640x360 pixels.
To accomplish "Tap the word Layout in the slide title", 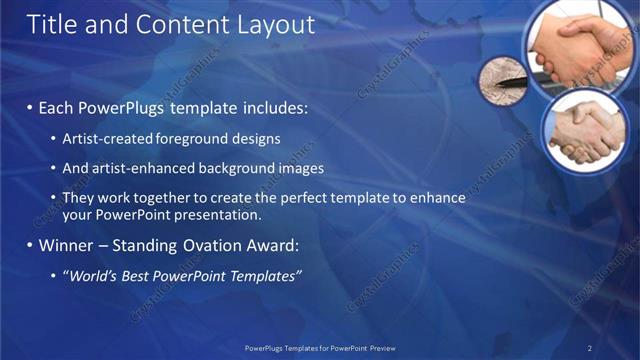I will pyautogui.click(x=271, y=24).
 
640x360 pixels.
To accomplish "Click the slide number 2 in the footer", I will pyautogui.click(x=590, y=347).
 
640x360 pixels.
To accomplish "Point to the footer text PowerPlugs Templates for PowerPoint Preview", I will pyautogui.click(x=320, y=347).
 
